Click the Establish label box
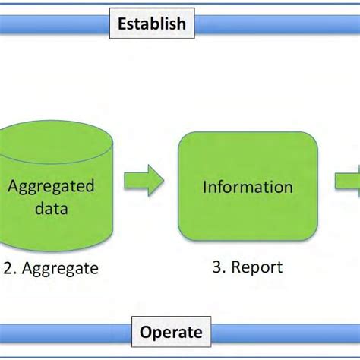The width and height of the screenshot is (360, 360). (151, 23)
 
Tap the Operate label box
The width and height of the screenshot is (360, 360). (171, 333)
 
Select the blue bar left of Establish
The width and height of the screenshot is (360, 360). (53, 24)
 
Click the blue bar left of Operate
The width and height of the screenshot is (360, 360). (65, 333)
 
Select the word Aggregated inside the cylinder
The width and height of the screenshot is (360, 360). (52, 187)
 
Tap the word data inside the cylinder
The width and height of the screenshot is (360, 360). (52, 208)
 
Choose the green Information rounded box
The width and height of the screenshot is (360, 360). (247, 186)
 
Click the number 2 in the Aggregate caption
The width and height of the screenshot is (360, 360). (7, 268)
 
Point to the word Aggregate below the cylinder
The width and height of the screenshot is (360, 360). (60, 269)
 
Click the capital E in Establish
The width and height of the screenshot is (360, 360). (122, 24)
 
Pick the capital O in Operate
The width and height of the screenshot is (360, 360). (145, 333)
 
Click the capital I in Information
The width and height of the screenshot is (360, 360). (204, 187)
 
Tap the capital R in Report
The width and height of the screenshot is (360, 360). (235, 267)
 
